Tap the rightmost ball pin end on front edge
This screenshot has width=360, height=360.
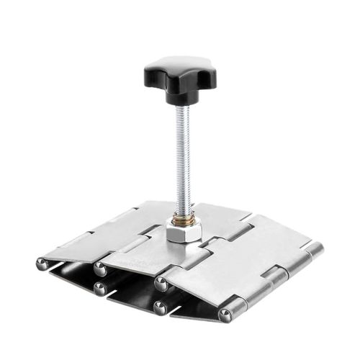[226, 316]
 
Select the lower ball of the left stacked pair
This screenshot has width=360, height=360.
[99, 289]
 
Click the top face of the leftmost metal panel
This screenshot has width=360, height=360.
[101, 234]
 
